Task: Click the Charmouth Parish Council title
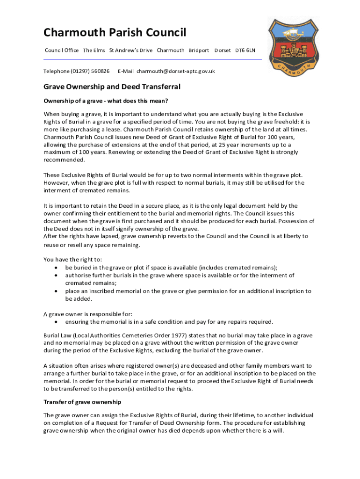click(115, 32)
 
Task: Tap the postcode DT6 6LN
click(245, 50)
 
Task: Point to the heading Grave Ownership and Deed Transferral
click(112, 87)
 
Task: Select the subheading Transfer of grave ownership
click(82, 402)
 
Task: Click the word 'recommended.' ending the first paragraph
click(65, 160)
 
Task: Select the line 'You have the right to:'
click(72, 260)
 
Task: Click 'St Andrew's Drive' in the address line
click(130, 50)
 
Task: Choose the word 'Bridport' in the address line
click(199, 50)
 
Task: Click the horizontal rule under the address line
click(152, 59)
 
